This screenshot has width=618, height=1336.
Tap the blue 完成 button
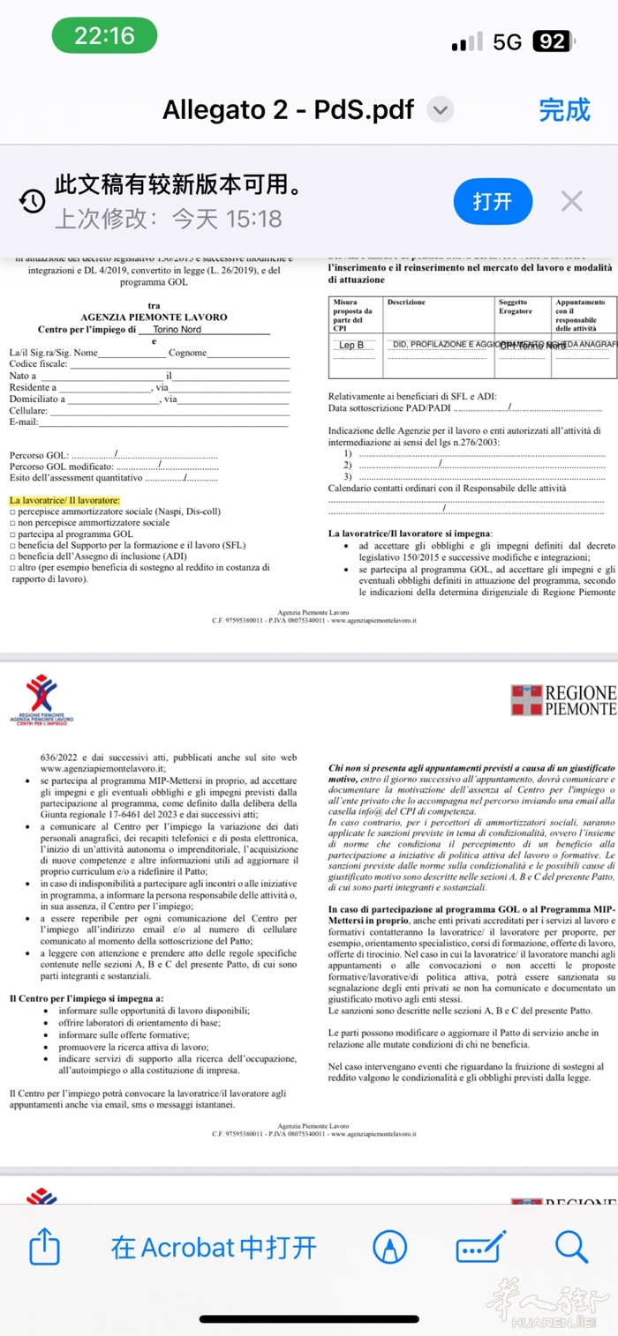pos(564,109)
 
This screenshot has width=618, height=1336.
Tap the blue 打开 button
pos(492,201)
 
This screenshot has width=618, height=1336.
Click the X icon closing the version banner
pos(572,201)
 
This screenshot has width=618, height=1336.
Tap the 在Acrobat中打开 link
pos(214,1247)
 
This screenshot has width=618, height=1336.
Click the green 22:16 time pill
pos(104,35)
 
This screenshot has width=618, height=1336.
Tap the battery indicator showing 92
pos(551,41)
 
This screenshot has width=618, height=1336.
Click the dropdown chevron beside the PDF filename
pos(440,110)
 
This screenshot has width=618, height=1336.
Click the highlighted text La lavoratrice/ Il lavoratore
pos(64,500)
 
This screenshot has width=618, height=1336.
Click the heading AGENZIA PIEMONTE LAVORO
pos(154,317)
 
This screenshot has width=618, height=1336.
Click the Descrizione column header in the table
pos(406,302)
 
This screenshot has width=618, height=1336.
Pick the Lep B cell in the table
pos(351,346)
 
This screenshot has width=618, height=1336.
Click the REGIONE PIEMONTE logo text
pos(580,700)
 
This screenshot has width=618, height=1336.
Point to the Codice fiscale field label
pos(38,364)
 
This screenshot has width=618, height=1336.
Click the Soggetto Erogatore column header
pos(515,306)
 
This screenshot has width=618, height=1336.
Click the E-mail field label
pos(24,422)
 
